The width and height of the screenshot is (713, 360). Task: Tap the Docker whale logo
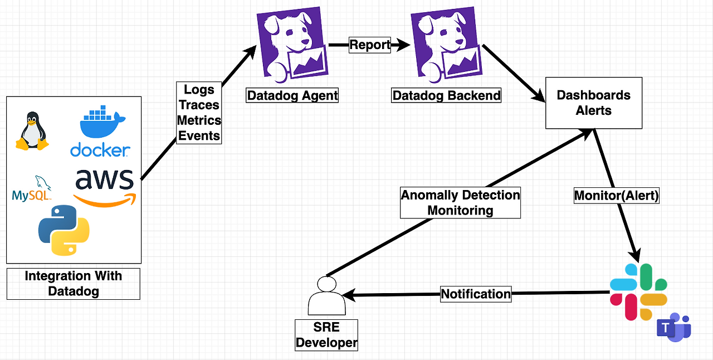(x=100, y=133)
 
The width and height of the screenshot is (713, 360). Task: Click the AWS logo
(x=105, y=187)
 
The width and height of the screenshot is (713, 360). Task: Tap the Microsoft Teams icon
(x=673, y=328)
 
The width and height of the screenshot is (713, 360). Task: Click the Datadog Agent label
(x=292, y=95)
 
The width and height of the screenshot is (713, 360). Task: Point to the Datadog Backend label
(x=447, y=95)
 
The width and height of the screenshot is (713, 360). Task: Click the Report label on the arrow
(x=370, y=45)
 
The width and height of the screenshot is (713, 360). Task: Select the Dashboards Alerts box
(x=594, y=103)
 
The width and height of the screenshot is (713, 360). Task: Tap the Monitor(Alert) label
(x=617, y=196)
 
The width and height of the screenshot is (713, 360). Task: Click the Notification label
(x=476, y=294)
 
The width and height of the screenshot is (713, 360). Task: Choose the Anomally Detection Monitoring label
(x=460, y=203)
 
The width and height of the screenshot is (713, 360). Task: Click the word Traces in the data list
(x=199, y=105)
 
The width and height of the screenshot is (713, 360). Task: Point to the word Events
(x=199, y=135)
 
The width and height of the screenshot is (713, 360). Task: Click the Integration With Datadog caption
(x=73, y=283)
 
